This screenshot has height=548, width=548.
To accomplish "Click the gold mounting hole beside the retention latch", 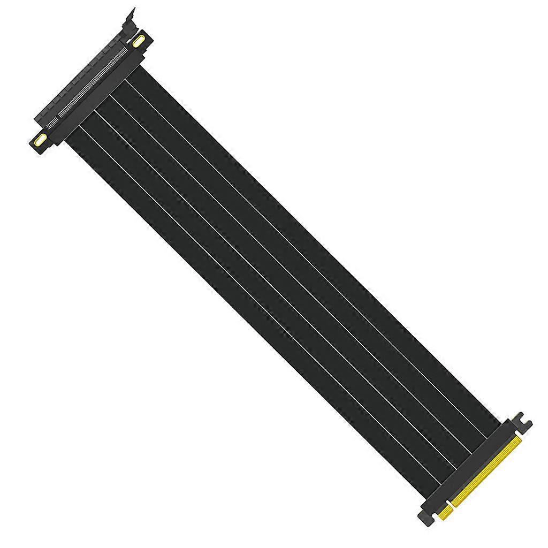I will (x=140, y=41).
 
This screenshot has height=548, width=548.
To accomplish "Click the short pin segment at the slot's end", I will (x=51, y=126).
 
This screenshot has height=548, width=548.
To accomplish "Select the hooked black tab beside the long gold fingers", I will (x=522, y=423).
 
